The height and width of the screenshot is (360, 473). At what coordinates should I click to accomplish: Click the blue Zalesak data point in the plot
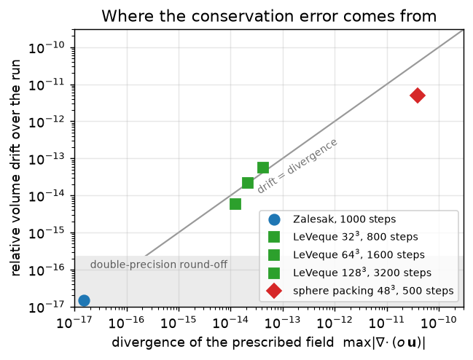tap(84, 300)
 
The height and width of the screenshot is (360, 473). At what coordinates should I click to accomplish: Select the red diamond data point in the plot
tap(418, 95)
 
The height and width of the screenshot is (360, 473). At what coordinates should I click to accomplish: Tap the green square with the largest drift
tap(263, 168)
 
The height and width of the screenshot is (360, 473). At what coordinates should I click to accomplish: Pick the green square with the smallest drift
tap(235, 204)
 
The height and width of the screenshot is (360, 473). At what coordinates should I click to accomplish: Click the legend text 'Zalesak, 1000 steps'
tap(344, 219)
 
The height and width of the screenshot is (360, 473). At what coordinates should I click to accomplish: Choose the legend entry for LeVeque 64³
tap(359, 255)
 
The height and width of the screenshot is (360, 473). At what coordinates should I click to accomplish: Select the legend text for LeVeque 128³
tap(362, 273)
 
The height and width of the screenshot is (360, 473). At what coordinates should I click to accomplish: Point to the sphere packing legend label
tap(373, 291)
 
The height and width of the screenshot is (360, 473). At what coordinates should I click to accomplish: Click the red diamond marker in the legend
tap(274, 291)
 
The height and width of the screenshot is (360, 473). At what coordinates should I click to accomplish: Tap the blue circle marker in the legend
tap(274, 219)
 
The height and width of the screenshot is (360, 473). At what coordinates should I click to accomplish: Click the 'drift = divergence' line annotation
tap(297, 166)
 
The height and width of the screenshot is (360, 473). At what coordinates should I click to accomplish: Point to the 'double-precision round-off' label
tap(159, 265)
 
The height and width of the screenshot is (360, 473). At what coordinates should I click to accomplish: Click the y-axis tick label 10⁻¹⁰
tap(47, 48)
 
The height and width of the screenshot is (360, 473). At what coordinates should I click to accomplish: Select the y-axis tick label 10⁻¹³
tap(47, 159)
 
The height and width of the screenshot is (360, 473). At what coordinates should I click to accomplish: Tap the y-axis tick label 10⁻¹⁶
tap(47, 270)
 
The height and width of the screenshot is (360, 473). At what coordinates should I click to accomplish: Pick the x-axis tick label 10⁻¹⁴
tap(230, 323)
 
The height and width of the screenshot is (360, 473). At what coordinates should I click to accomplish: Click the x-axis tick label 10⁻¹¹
tap(386, 323)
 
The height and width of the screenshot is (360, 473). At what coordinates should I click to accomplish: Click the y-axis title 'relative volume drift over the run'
tap(15, 168)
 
